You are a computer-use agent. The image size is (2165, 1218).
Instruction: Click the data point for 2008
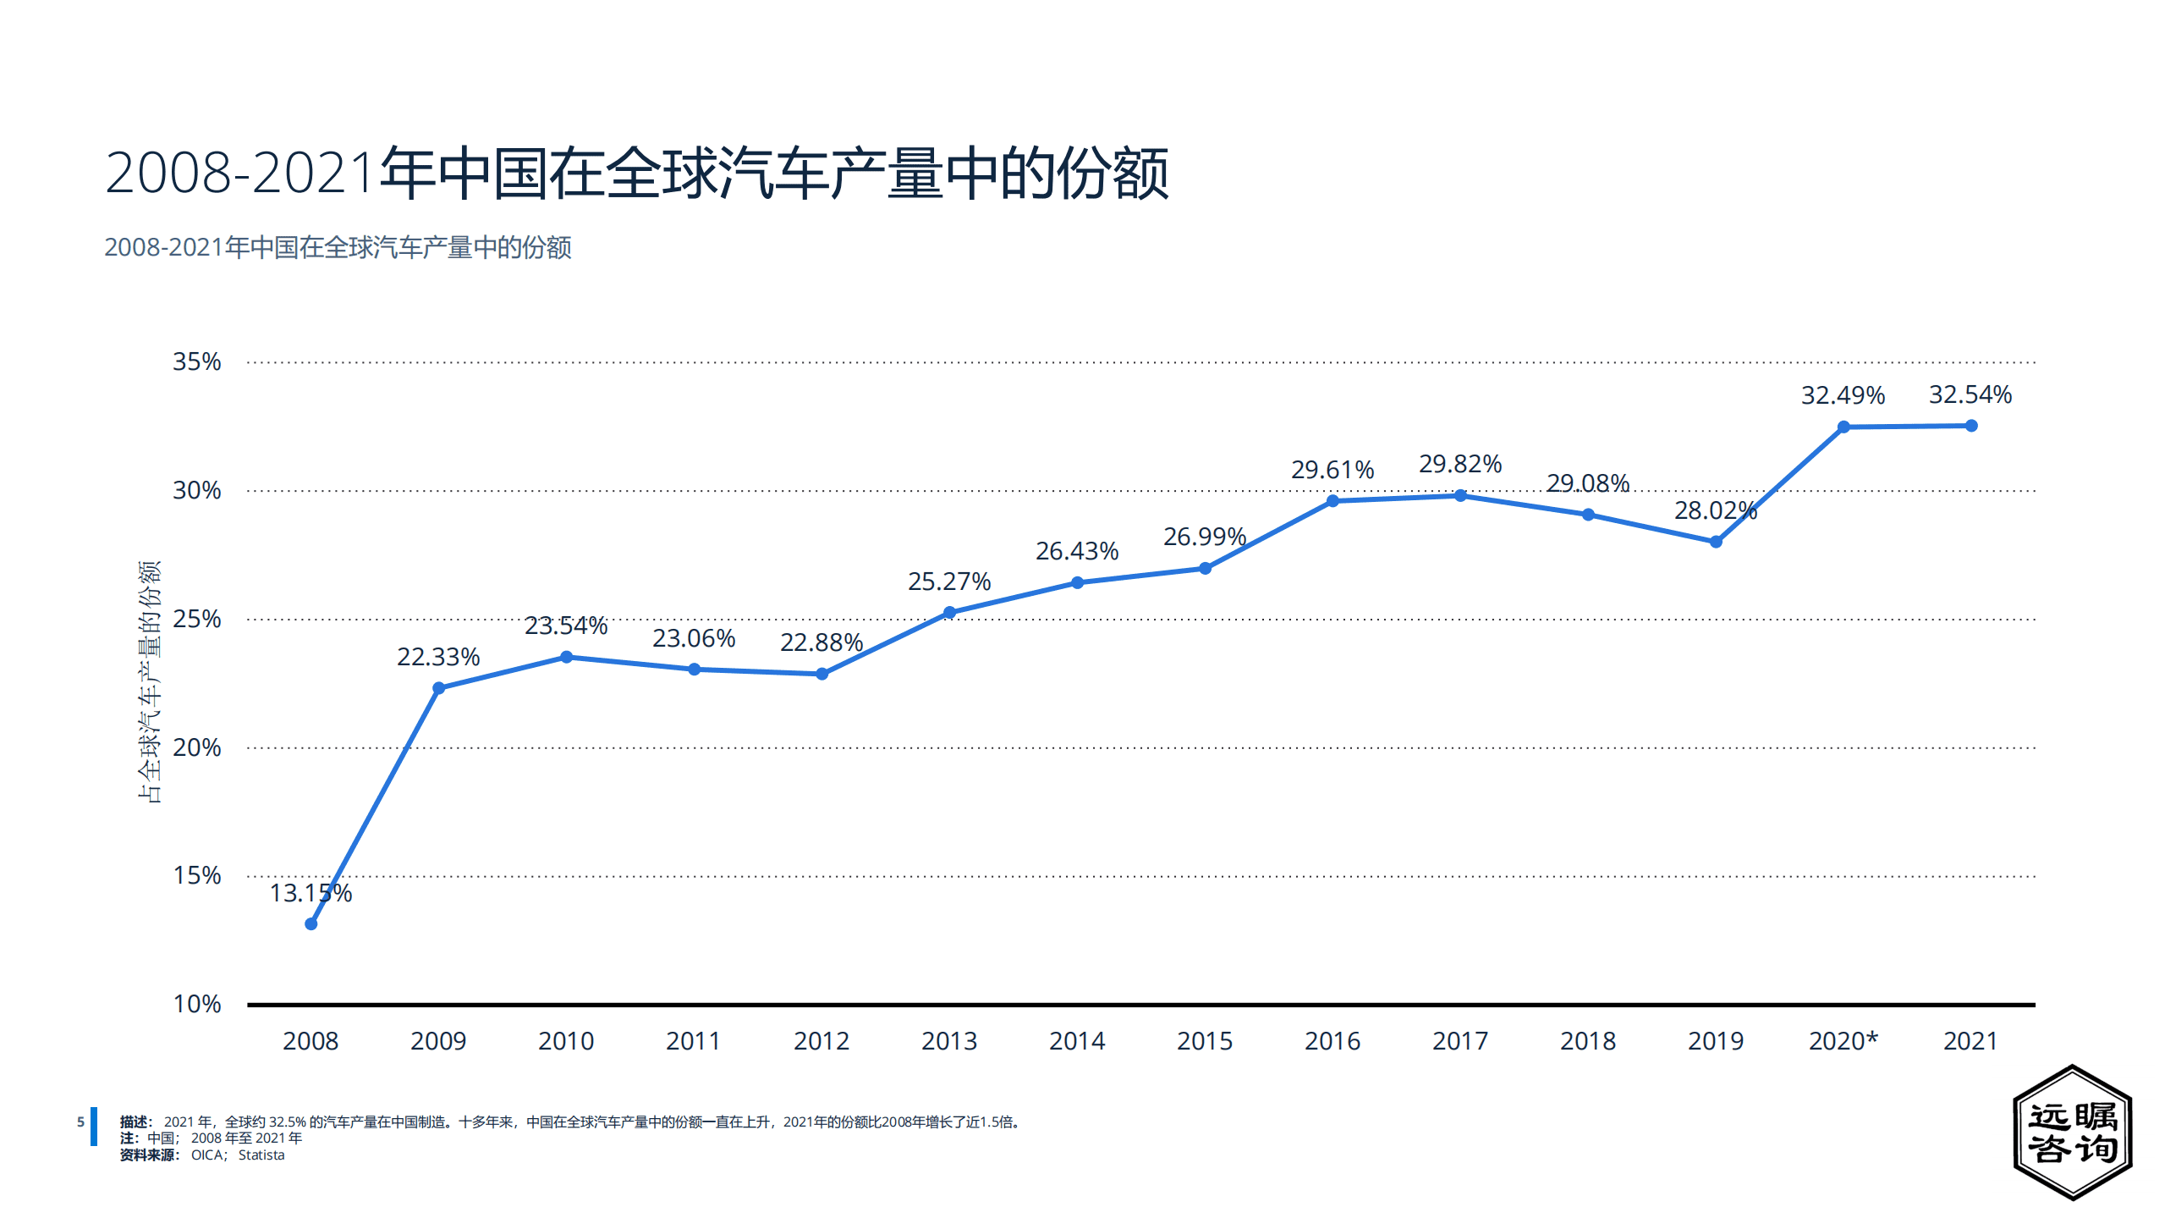(x=310, y=923)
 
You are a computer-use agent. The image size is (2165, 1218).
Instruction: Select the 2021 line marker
(x=1970, y=426)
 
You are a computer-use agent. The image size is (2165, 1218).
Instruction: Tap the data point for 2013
(x=949, y=612)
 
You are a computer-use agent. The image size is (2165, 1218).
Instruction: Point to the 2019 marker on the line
(x=1715, y=542)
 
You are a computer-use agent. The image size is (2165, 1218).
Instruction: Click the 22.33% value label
(x=438, y=657)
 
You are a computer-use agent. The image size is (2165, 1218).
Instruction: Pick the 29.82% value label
(x=1459, y=464)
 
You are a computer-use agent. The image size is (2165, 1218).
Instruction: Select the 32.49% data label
(x=1843, y=395)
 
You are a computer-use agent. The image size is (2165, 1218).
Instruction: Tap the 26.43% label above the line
(x=1077, y=551)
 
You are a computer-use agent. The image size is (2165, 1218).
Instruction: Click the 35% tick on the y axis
(x=196, y=361)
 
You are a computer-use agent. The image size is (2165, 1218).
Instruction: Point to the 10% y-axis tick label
(x=196, y=1004)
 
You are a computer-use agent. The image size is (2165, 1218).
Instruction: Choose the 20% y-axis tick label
(x=196, y=747)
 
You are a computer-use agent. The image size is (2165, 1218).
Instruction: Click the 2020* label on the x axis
(x=1843, y=1040)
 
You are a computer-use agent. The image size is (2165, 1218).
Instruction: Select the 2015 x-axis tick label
(x=1204, y=1040)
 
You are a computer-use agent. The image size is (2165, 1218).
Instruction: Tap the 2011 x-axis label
(x=693, y=1040)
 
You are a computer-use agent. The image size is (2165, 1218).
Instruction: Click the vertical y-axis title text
(x=149, y=681)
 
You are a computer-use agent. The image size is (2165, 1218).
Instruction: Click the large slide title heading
(x=636, y=174)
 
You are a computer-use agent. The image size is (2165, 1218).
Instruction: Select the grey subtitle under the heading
(x=338, y=247)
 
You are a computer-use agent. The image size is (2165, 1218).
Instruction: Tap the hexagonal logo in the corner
(x=2072, y=1132)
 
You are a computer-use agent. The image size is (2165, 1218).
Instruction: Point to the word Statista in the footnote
(x=261, y=1155)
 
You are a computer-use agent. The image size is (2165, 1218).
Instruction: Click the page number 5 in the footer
(x=80, y=1122)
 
